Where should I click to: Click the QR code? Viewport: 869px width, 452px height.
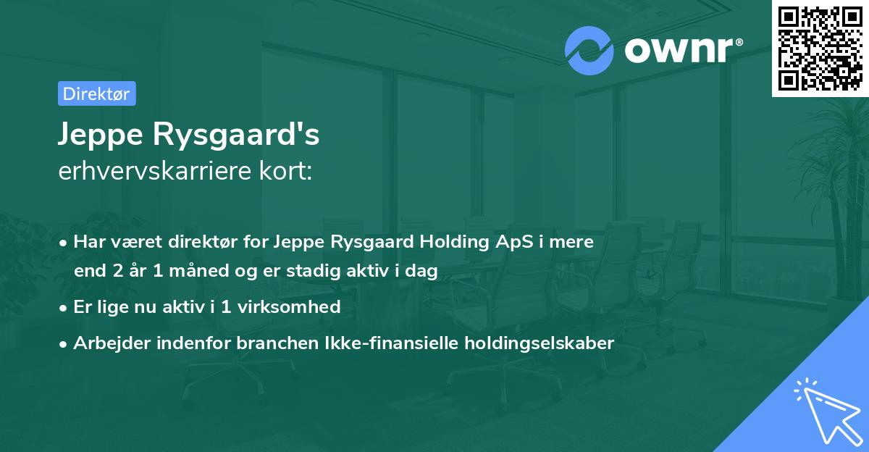coord(820,49)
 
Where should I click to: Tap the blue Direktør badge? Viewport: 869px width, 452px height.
coord(96,93)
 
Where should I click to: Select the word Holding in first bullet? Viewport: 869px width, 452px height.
coord(451,242)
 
